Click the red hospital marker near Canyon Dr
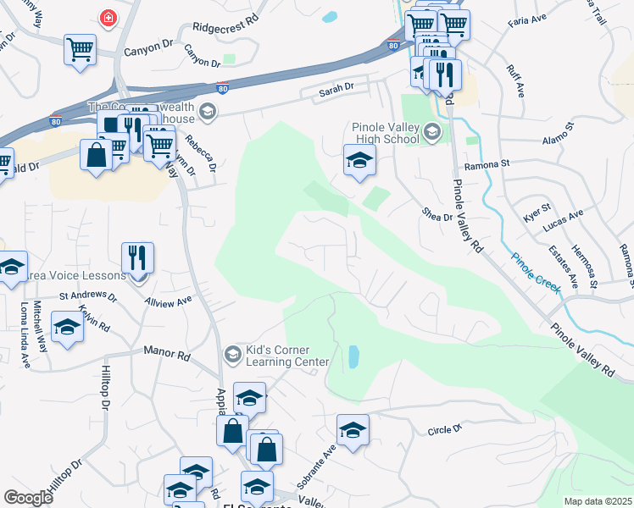[108, 18]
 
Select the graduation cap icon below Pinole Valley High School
[359, 160]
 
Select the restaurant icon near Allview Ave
[137, 257]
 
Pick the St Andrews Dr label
[87, 296]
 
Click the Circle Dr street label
[444, 430]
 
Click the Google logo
[28, 498]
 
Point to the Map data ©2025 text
[598, 501]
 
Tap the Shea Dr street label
[437, 216]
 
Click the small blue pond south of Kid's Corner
[353, 356]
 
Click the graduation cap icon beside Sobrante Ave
[353, 429]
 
